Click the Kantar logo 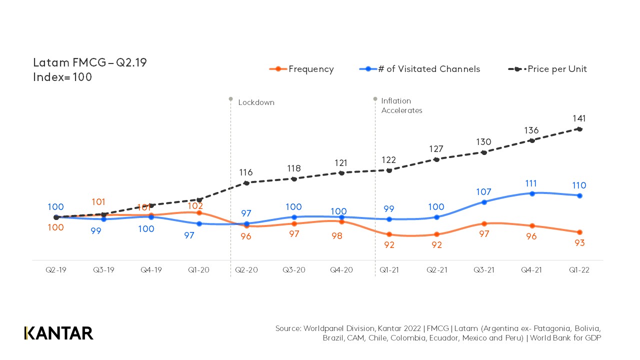click(x=58, y=333)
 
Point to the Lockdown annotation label click(x=256, y=102)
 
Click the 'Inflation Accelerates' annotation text click(x=401, y=105)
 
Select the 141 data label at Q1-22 click(x=579, y=118)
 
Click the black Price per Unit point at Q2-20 click(x=246, y=183)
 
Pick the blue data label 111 click(x=531, y=183)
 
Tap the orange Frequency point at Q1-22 click(x=579, y=232)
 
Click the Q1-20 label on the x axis click(x=198, y=270)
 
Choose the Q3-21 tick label click(x=484, y=270)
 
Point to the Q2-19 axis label click(x=55, y=270)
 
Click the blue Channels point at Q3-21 click(x=484, y=202)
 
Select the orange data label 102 click(x=195, y=206)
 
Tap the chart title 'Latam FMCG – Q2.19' click(x=89, y=63)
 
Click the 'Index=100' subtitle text click(x=62, y=77)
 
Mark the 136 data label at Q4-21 click(x=531, y=130)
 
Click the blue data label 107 click(x=483, y=192)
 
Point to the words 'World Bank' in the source click(x=555, y=338)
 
